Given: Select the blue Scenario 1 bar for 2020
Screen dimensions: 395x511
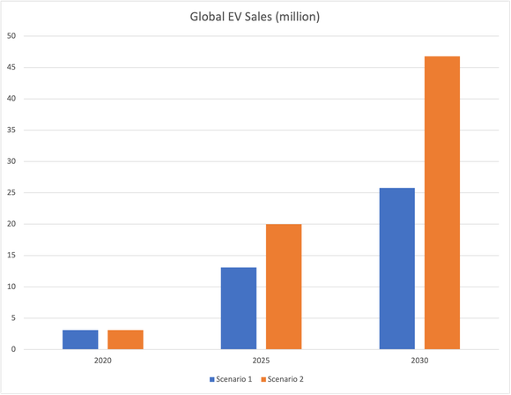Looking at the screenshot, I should [x=80, y=339].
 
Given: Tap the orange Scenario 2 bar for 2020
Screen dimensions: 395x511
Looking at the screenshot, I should [x=125, y=339].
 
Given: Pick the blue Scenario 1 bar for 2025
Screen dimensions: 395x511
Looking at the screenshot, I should [x=239, y=309].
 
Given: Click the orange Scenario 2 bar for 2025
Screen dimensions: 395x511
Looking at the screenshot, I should [x=284, y=287].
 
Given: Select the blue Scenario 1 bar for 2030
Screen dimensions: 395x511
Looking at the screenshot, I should [x=396, y=269].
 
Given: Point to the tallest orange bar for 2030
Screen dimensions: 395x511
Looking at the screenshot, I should [x=441, y=203].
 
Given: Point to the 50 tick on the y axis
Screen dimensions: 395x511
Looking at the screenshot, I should [x=11, y=36].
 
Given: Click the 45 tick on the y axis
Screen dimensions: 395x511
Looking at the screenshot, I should [x=11, y=67].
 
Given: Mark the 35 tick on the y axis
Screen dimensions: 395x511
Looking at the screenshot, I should [x=11, y=130].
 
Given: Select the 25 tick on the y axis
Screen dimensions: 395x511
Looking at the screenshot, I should [x=11, y=193].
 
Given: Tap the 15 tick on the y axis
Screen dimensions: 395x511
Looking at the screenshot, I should [x=11, y=256].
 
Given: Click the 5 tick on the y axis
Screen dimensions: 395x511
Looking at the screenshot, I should [x=13, y=318].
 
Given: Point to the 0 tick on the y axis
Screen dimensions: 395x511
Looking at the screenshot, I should [x=13, y=350].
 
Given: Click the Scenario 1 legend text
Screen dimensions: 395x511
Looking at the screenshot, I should [x=235, y=379].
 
